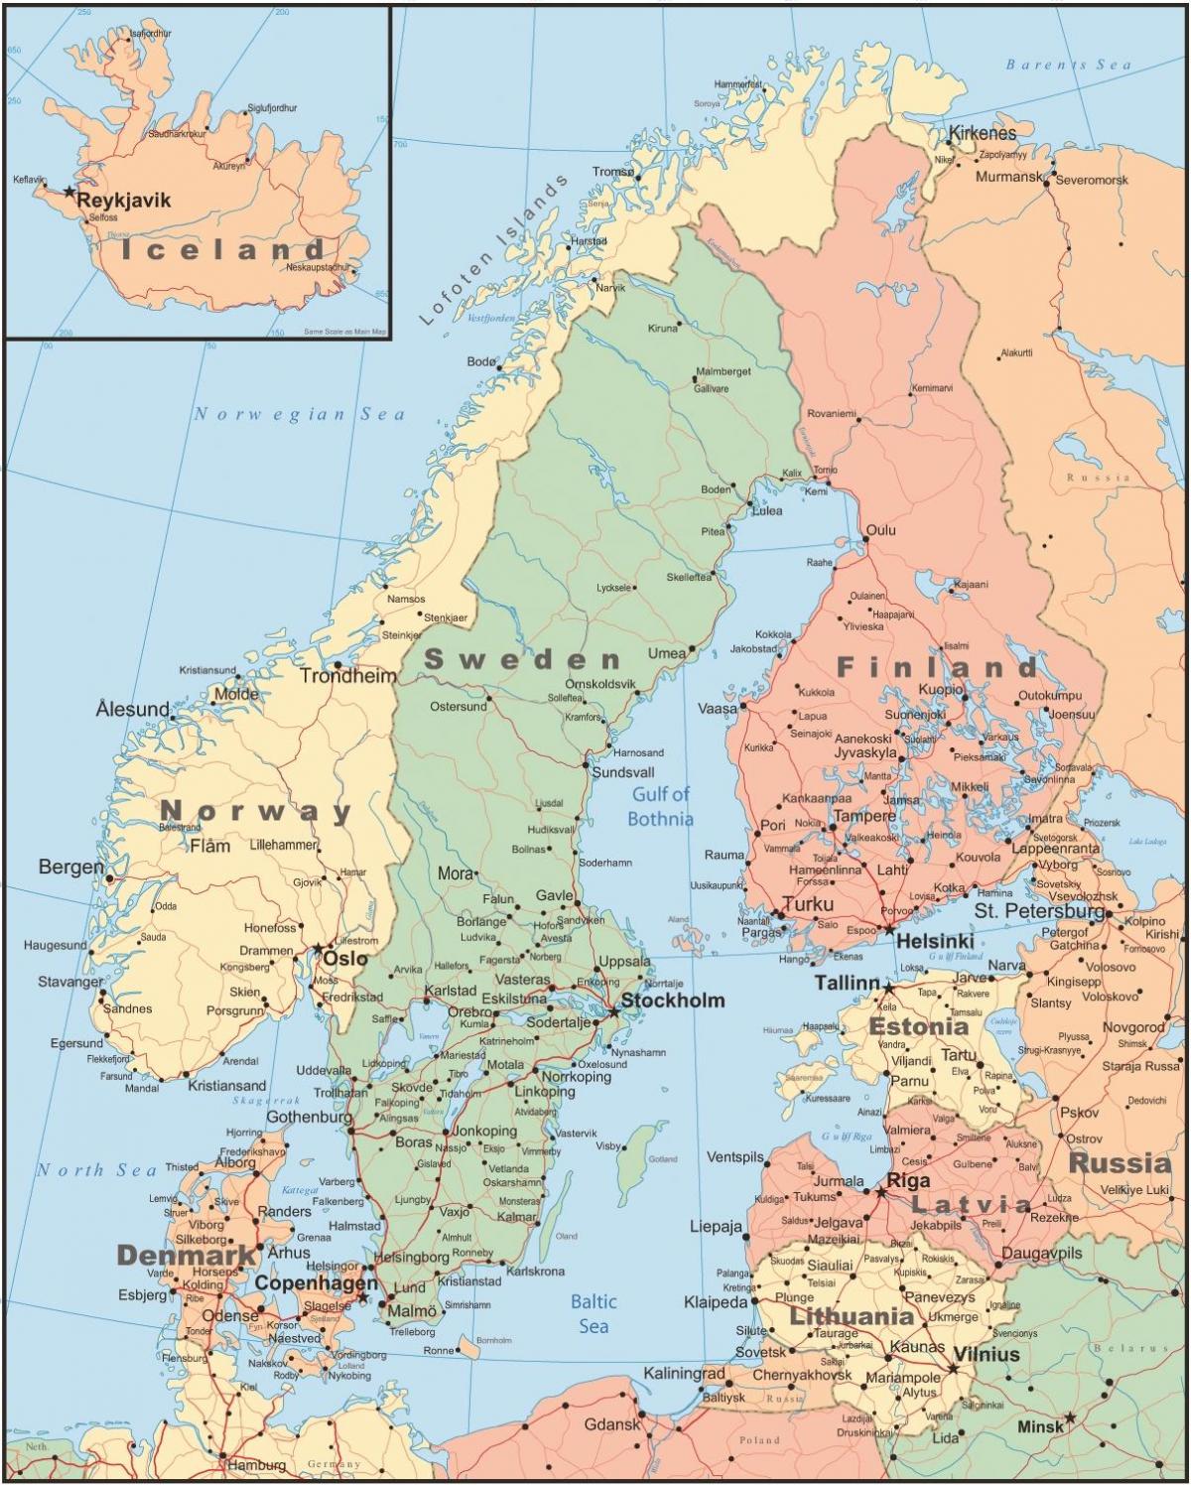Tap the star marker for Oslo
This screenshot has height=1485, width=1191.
coord(318,949)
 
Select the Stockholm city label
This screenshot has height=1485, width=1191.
coord(673,1000)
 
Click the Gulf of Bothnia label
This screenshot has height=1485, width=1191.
coord(661,806)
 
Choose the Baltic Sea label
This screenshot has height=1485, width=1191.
coord(594,1313)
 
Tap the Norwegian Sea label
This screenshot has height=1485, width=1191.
coord(299,414)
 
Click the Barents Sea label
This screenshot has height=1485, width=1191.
coord(1068,65)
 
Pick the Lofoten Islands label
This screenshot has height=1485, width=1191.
coord(493,250)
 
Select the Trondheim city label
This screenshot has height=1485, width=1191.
coord(347,676)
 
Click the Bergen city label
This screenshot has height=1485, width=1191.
coord(70,867)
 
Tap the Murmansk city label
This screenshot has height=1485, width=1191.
coord(1008,177)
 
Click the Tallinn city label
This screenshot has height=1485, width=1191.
coord(847,983)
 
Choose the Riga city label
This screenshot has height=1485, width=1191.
coord(907,1181)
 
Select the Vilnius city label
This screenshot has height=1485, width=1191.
coord(986,1354)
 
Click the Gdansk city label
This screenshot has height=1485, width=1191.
coord(612,1423)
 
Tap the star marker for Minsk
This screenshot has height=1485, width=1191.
coord(1070,1417)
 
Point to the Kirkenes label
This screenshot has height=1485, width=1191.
coord(983,133)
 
